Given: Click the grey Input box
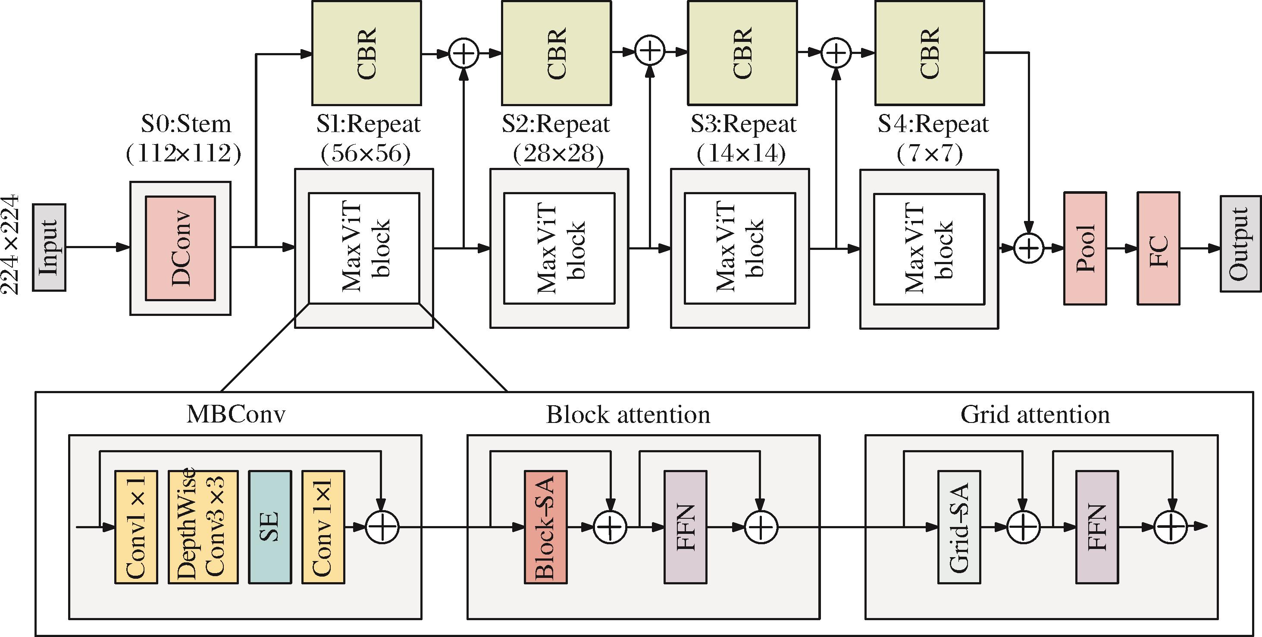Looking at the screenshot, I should click(x=49, y=248).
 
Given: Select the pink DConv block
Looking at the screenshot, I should click(x=180, y=248).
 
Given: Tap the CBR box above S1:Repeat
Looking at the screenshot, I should click(x=366, y=53).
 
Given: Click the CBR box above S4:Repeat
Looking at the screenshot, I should click(x=929, y=53).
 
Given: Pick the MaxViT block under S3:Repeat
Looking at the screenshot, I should click(x=740, y=248).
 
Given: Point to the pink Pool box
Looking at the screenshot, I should click(x=1085, y=248).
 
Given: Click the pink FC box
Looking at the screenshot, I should click(x=1158, y=248).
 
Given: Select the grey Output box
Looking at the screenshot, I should click(x=1240, y=244).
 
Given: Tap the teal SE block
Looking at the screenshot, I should click(x=270, y=527).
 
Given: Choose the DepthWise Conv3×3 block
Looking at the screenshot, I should click(x=203, y=527).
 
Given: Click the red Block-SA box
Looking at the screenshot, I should click(x=546, y=527).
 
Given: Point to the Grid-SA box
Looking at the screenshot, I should click(x=959, y=527).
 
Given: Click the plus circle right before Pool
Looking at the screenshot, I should click(x=1028, y=248).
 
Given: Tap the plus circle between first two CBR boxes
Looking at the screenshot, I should click(x=463, y=53).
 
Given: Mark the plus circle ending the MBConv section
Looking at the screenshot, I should click(x=382, y=527).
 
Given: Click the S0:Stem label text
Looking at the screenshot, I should click(x=186, y=123).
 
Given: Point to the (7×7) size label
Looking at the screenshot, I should click(x=929, y=154).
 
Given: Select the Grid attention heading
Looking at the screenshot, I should click(x=1035, y=414).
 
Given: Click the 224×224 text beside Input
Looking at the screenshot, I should click(x=10, y=244).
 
